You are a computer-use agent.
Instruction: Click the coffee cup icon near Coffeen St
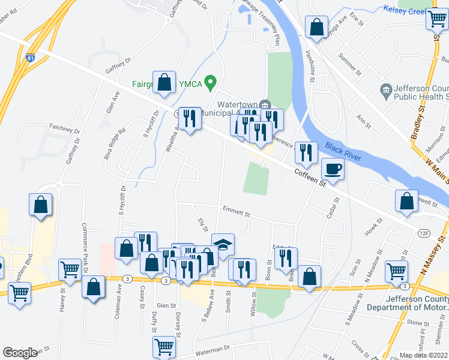(333, 169)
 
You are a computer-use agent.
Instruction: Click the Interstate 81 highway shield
(38, 58)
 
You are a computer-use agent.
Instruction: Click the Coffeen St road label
(310, 176)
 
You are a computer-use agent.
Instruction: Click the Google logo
(20, 353)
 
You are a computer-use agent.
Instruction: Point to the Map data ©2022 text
(424, 355)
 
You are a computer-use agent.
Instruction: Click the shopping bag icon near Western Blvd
(40, 205)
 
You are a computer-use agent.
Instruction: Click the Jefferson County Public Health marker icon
(387, 91)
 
